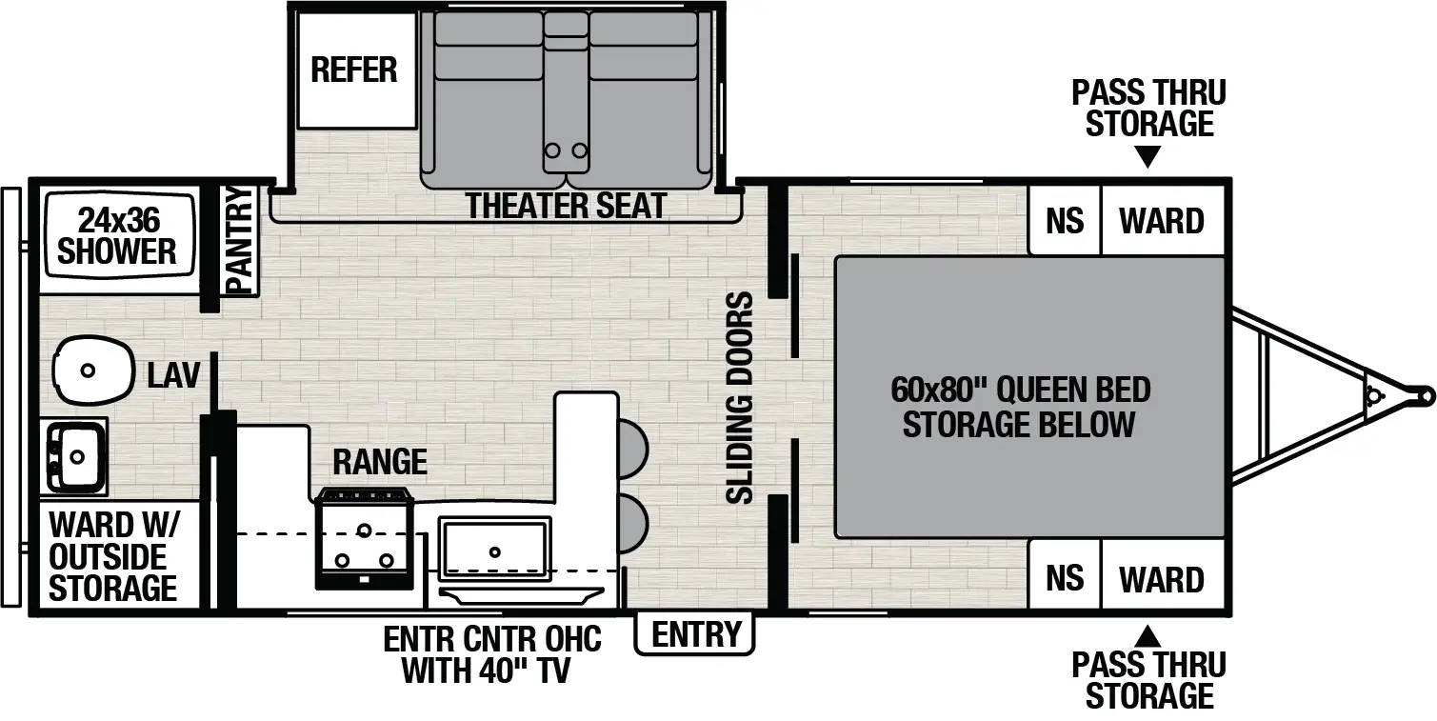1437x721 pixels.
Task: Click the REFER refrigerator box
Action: point(357,70)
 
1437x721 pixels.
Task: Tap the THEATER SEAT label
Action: point(566,206)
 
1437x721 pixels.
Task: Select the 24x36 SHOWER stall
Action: point(119,237)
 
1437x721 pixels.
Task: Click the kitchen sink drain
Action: point(494,551)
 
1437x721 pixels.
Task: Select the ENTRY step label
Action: point(695,634)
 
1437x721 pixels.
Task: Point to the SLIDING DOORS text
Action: point(740,398)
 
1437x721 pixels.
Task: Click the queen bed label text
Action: point(1020,407)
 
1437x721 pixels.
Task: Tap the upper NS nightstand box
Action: point(1065,220)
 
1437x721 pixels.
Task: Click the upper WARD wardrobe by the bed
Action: point(1163,220)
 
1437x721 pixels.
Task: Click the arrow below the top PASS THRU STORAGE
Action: point(1148,156)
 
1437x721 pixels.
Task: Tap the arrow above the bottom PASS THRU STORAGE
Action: point(1148,637)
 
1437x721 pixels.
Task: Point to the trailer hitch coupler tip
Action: point(1428,396)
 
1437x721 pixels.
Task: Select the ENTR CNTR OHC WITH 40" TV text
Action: point(492,654)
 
